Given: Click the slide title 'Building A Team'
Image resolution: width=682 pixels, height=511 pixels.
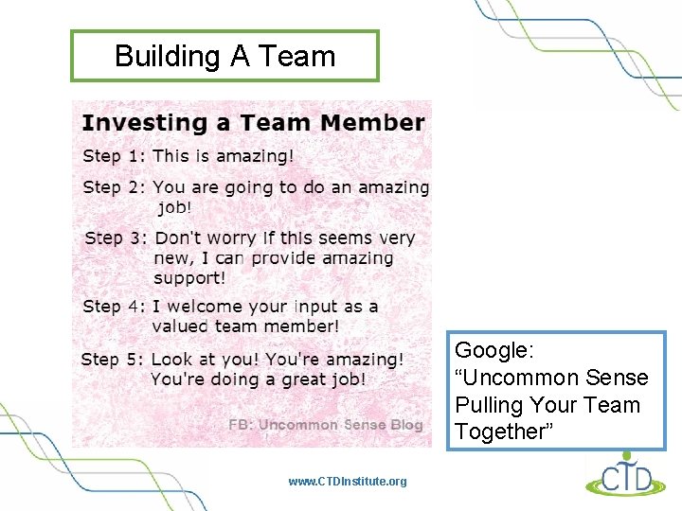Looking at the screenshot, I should pos(224,56).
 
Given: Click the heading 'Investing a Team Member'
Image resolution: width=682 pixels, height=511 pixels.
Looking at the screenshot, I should pos(253,123).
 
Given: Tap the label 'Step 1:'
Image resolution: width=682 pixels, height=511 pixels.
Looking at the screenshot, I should pos(114,156).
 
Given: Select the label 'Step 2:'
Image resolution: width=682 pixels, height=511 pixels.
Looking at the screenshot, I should pos(114,187).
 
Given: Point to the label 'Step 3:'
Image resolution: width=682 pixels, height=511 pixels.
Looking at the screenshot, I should pos(116,238).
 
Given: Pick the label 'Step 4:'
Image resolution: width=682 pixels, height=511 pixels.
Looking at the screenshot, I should pos(114,306).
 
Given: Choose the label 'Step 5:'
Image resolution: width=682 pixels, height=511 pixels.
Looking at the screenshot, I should pos(113,360).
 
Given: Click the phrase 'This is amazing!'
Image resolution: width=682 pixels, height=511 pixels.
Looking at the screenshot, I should pos(224,156).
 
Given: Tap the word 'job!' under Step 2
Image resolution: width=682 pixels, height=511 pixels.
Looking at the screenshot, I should pos(174,207).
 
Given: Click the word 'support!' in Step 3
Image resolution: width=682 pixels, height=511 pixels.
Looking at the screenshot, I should pos(189,278).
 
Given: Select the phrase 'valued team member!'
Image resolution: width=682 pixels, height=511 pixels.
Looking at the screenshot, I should pos(245,326).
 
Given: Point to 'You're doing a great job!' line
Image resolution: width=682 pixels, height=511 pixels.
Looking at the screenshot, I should pos(258,379).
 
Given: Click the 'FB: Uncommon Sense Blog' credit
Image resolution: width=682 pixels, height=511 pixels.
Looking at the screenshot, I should pos(326,425).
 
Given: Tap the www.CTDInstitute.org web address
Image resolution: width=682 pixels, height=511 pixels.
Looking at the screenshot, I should pos(348,482).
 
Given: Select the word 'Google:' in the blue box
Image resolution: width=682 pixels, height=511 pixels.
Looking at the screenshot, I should pos(494,350).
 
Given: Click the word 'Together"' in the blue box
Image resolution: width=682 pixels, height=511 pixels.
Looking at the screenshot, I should pos(501,432).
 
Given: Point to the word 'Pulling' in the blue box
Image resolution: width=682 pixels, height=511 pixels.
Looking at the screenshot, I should pos(489,405).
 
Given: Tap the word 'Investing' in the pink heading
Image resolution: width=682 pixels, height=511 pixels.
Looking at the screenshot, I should pos(131,123).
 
